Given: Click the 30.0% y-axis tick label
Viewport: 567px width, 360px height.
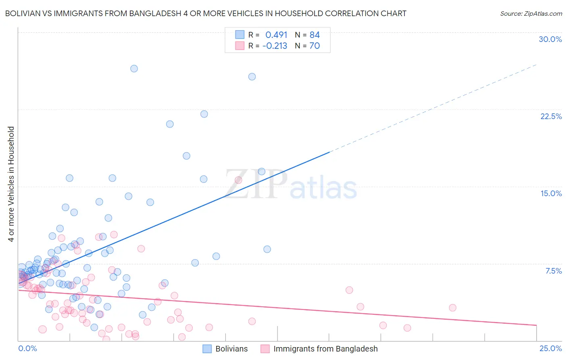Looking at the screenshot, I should pyautogui.click(x=550, y=39).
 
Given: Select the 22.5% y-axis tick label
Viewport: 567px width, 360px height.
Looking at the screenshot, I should pyautogui.click(x=551, y=116).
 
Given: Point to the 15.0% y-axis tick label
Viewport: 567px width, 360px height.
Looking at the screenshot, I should pyautogui.click(x=551, y=193).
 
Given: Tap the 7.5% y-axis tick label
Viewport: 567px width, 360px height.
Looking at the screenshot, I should pyautogui.click(x=553, y=271).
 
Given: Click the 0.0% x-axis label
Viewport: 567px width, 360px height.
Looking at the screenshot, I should pyautogui.click(x=27, y=348).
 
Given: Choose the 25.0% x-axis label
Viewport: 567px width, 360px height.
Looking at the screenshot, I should pyautogui.click(x=550, y=348).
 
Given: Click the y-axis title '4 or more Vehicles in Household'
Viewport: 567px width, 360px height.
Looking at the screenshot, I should pyautogui.click(x=11, y=184).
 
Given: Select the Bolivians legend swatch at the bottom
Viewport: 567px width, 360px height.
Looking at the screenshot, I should pyautogui.click(x=207, y=349).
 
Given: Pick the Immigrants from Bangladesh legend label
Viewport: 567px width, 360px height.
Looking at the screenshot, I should pyautogui.click(x=325, y=349).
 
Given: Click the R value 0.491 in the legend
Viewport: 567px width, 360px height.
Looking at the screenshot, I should pyautogui.click(x=276, y=35).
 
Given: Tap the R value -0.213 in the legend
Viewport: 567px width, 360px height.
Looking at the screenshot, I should pyautogui.click(x=275, y=46).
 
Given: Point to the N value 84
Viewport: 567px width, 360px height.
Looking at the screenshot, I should pyautogui.click(x=315, y=35).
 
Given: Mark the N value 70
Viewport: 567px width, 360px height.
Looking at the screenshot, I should pyautogui.click(x=315, y=46).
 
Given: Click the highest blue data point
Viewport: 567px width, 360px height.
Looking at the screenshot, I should pyautogui.click(x=134, y=69).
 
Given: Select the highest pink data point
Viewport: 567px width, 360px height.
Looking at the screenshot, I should pyautogui.click(x=238, y=180).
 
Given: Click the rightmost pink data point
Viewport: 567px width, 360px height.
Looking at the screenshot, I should pyautogui.click(x=452, y=308).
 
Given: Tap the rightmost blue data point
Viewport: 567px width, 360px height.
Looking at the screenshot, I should pyautogui.click(x=267, y=249).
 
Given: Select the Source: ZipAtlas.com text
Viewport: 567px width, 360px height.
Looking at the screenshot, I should pyautogui.click(x=531, y=13).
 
